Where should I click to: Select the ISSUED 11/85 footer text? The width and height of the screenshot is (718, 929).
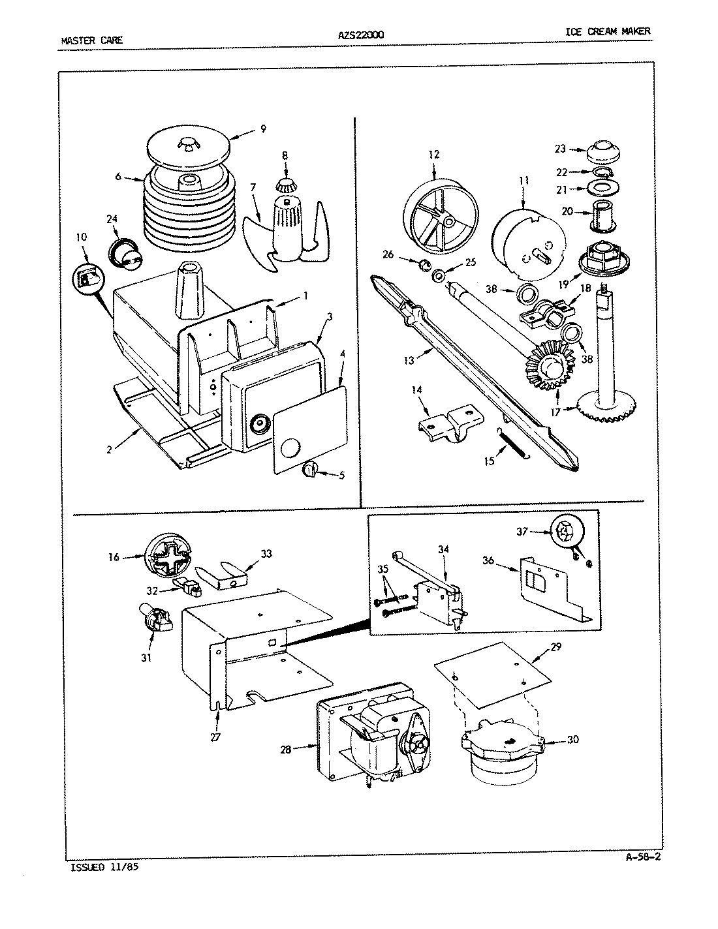click(x=104, y=868)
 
